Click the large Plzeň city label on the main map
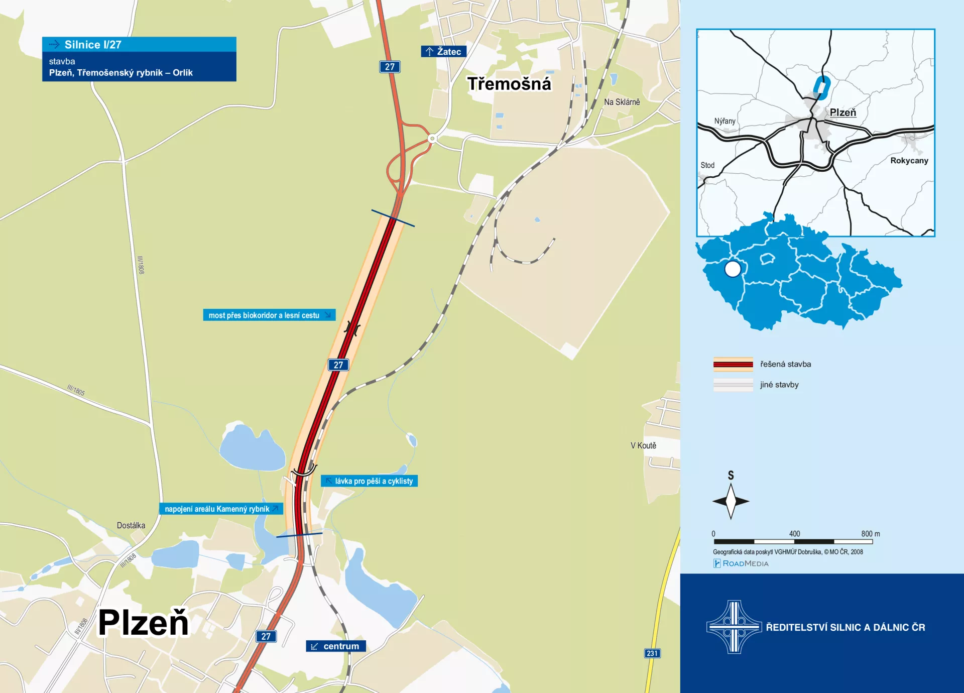[143, 623]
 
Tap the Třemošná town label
[509, 84]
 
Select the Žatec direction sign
[444, 51]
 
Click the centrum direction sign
[336, 646]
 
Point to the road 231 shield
[652, 653]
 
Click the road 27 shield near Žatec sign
[390, 67]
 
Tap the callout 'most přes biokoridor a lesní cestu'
[269, 315]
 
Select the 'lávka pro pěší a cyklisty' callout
[370, 481]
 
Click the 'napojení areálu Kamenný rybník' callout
[221, 509]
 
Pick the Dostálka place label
[131, 525]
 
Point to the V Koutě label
[643, 445]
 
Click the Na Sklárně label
[622, 102]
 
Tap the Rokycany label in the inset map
[909, 161]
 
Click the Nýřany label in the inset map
[725, 121]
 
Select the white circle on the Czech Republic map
[733, 269]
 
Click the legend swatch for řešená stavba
[733, 364]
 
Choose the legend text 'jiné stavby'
[779, 385]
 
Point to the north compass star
[731, 501]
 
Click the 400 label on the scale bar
[794, 534]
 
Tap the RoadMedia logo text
[745, 563]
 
